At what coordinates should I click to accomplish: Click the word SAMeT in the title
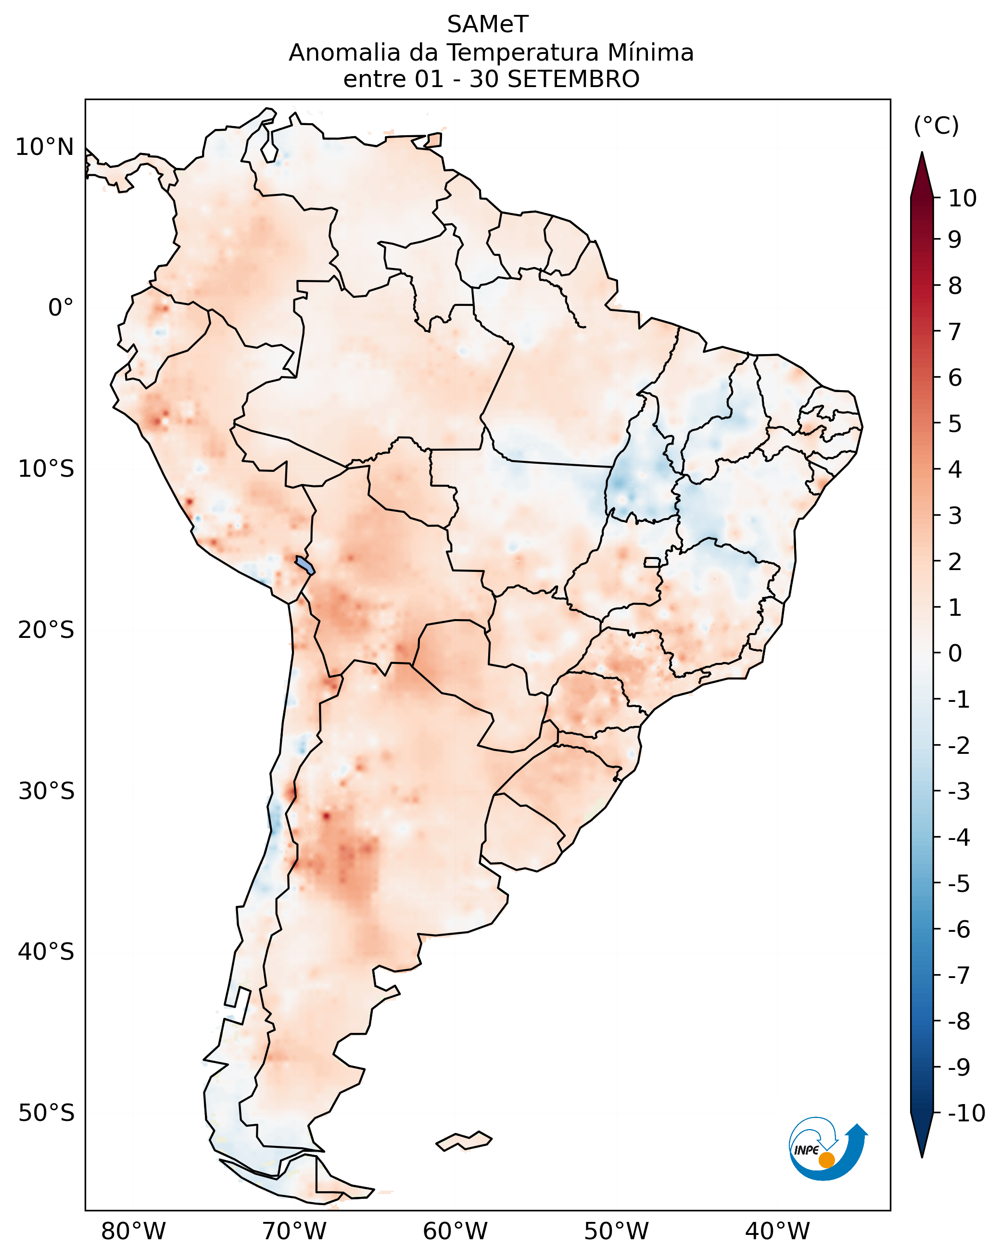point(487,25)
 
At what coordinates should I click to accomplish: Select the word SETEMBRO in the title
point(573,79)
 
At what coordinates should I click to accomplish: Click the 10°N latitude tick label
point(45,147)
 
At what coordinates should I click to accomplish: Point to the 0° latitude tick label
point(61,307)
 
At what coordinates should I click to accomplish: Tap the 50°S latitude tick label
point(46,1113)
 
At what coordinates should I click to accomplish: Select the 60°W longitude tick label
point(455,1231)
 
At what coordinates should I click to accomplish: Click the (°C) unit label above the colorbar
point(936,126)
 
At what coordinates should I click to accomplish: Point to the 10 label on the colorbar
point(962,198)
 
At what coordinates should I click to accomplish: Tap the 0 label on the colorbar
point(955,653)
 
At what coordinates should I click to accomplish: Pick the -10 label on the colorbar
point(966,1113)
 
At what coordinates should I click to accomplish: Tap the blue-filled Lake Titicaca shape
point(304,565)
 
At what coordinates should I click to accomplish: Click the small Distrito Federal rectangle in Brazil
point(652,562)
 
